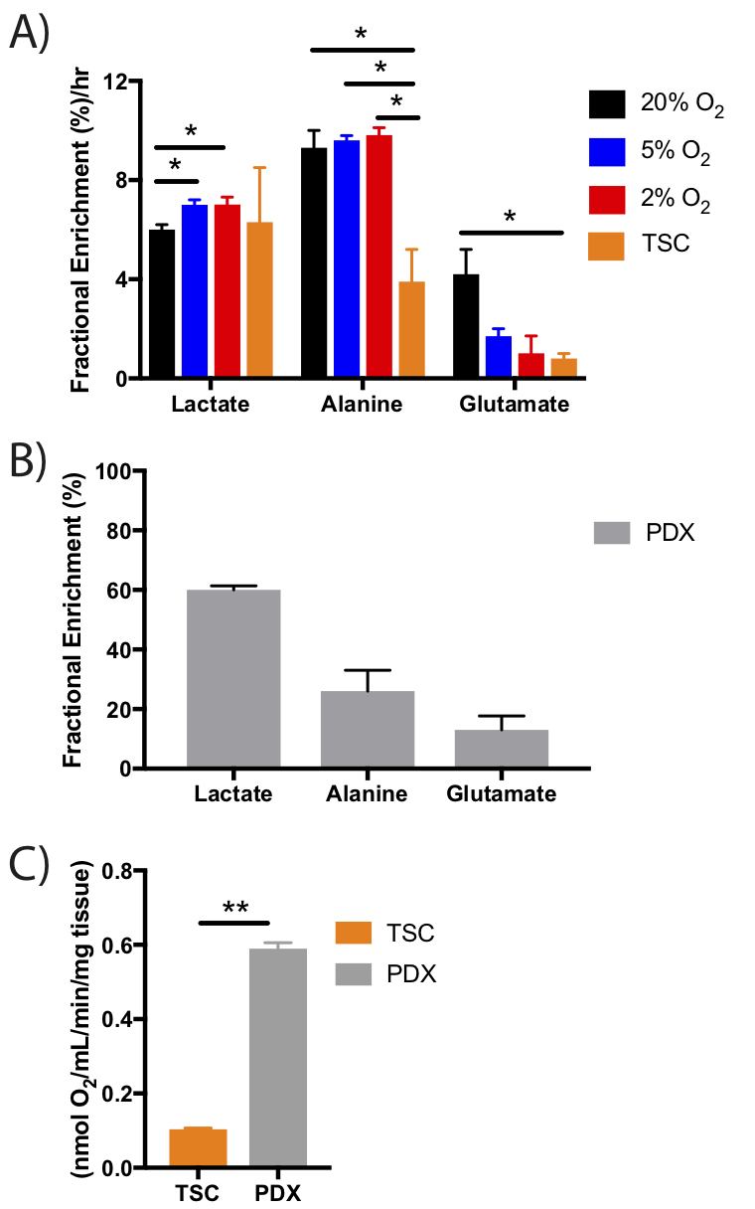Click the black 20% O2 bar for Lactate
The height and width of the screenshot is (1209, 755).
tap(162, 303)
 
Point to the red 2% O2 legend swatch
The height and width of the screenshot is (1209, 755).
tap(607, 199)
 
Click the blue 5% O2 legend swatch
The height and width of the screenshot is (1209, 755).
tap(607, 151)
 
